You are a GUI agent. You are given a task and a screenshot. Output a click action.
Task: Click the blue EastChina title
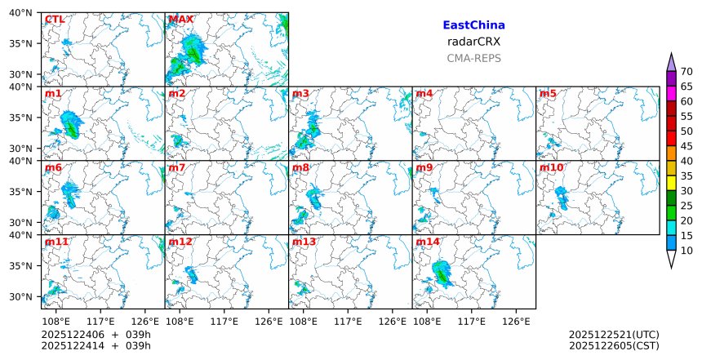[x=473, y=25]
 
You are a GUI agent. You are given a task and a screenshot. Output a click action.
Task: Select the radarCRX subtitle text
[x=473, y=42]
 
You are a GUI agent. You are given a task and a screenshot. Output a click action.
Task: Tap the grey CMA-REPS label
[x=473, y=58]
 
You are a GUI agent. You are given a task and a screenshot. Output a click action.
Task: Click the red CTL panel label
[x=56, y=20]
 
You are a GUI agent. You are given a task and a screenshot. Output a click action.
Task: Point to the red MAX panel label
[x=180, y=20]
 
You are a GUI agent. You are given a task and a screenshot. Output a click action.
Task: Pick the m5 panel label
[x=548, y=94]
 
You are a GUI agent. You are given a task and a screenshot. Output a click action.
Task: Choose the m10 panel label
[x=551, y=168]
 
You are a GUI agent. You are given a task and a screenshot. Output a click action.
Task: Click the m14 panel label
[x=428, y=242]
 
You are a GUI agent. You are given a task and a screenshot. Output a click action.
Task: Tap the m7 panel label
[x=177, y=168]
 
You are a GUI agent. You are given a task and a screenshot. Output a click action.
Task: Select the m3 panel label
[x=300, y=94]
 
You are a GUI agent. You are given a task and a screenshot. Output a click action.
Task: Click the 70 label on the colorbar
[x=686, y=72]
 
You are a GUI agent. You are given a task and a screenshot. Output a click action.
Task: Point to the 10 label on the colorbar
[x=686, y=251]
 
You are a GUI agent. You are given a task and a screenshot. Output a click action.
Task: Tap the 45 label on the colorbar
[x=686, y=146]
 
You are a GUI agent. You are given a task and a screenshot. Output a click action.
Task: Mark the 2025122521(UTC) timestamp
[x=614, y=335]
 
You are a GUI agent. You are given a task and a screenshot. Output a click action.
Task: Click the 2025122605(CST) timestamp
[x=614, y=346]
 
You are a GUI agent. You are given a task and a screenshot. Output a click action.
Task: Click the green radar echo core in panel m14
[x=442, y=276]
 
